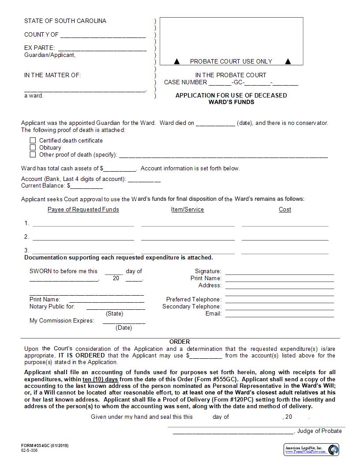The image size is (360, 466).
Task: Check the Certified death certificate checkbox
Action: [x=33, y=140]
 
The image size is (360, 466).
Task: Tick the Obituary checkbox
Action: [x=33, y=147]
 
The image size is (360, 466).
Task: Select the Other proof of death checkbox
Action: [x=33, y=154]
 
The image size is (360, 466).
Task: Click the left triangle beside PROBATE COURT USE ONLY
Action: [x=177, y=61]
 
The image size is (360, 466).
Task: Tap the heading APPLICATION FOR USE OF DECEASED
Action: [x=231, y=95]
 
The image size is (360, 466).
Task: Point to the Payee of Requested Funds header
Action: [x=83, y=209]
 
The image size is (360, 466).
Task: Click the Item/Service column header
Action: [x=187, y=209]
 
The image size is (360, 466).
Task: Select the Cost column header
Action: [x=285, y=209]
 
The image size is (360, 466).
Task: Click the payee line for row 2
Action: [x=83, y=239]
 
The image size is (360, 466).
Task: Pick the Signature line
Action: [x=280, y=274]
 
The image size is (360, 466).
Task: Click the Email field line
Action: [x=280, y=316]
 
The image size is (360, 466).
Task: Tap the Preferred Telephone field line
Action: [x=280, y=302]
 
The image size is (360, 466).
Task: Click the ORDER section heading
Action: [x=180, y=342]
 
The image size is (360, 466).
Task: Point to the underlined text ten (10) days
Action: [x=100, y=379]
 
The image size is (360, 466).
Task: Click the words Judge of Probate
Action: [x=319, y=431]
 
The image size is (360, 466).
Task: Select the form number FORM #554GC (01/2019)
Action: [x=45, y=446]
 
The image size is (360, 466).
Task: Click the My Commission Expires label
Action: [x=62, y=320]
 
